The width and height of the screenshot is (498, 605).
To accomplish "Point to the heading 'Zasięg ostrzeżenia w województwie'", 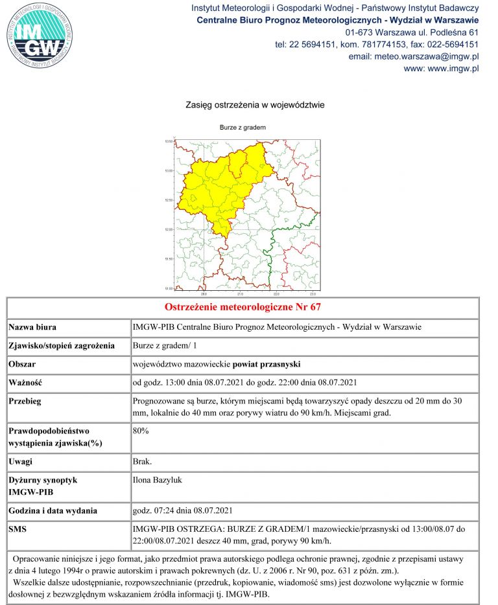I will [255, 104].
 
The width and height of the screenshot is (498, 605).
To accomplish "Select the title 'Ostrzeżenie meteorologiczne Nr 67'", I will [243, 307].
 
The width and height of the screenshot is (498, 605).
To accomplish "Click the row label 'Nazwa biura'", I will [33, 327].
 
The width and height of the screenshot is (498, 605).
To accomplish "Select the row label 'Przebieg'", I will [25, 401].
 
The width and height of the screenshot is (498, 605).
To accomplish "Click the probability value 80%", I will [141, 429].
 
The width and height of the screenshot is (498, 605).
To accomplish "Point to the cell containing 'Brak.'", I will [142, 462].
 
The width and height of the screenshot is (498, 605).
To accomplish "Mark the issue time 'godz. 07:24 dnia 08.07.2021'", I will [187, 511].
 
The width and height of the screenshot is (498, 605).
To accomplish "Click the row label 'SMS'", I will [18, 529].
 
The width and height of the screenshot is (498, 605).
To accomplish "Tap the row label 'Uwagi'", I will [21, 462].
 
